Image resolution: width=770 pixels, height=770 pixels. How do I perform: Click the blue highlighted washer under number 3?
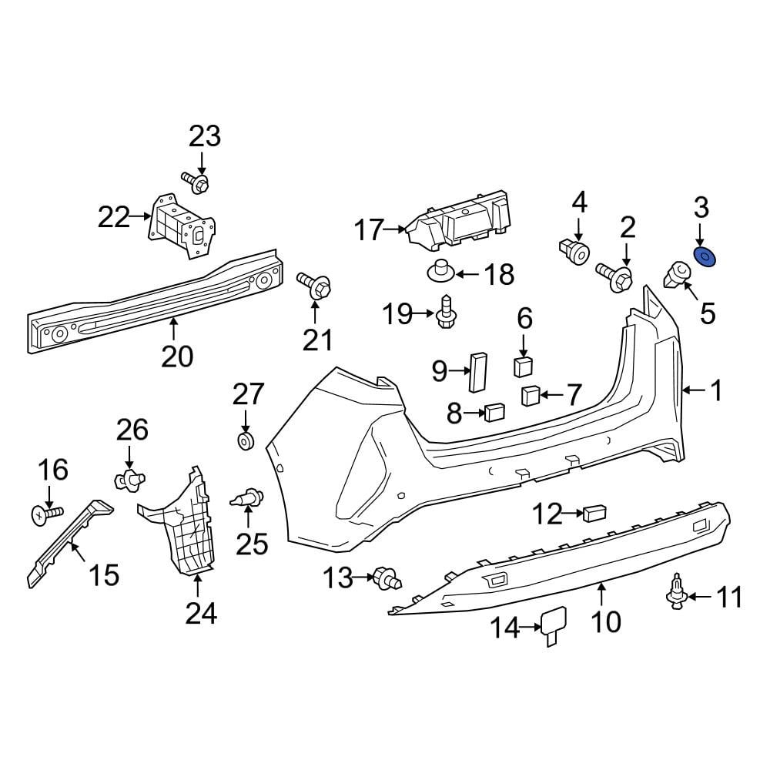point(705,257)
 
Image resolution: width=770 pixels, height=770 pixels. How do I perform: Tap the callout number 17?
point(369,229)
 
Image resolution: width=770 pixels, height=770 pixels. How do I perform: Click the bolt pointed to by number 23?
point(197,182)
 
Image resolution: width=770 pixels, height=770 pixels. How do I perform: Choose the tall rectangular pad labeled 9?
point(478,373)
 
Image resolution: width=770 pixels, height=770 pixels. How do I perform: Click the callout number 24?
point(200,613)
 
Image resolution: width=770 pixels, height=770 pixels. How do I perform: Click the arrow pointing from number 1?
point(695,392)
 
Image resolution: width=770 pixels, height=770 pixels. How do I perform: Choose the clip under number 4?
point(574,249)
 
